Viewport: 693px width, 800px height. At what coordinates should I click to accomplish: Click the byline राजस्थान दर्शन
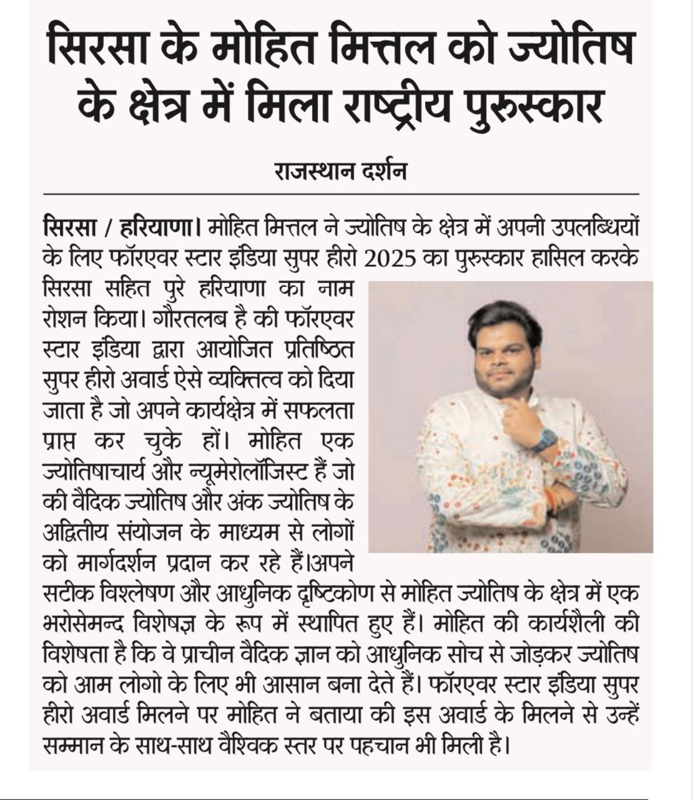pos(340,171)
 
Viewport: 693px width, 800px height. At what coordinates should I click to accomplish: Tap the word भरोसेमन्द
pos(84,624)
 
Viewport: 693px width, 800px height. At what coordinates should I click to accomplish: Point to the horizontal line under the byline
pos(340,194)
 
